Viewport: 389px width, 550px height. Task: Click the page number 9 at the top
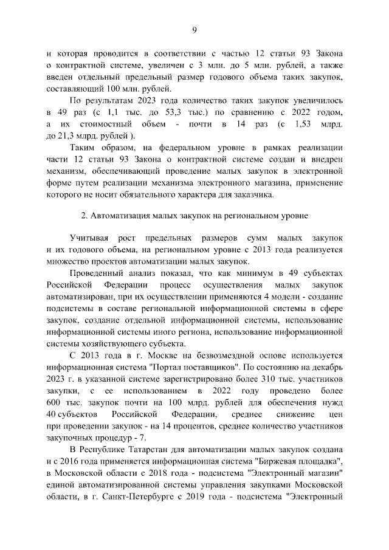(194, 30)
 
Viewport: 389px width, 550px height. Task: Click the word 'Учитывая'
(90, 239)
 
